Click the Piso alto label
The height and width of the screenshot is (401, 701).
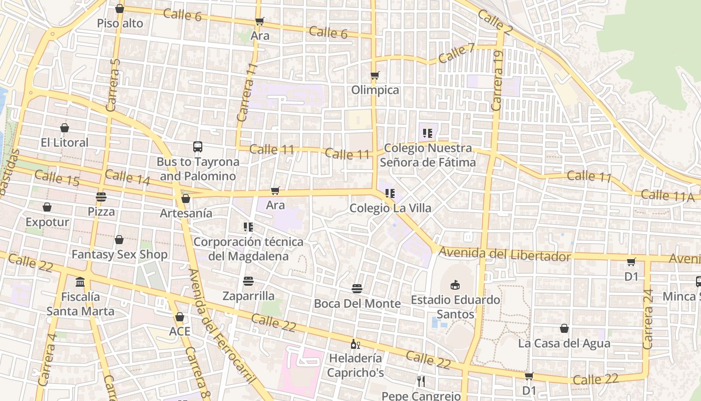point(120,23)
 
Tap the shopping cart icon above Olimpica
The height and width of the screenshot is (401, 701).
point(375,76)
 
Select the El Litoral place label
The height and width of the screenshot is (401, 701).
point(65,142)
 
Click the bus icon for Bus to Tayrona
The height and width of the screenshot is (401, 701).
point(198,147)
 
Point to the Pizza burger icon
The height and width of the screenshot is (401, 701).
point(101,197)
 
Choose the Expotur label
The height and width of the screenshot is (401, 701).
point(48,222)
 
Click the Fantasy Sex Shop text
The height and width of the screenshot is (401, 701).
point(119,255)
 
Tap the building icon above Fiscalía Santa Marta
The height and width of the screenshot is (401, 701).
point(80,282)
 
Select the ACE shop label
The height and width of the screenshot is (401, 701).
point(180,331)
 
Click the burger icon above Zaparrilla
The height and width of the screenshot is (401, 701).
point(248,281)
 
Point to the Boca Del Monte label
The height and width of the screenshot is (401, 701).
point(357,303)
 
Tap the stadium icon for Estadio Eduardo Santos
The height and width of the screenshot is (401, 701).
point(455,285)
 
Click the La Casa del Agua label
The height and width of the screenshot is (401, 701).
point(564,343)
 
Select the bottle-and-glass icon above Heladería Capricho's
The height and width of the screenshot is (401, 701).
point(356,344)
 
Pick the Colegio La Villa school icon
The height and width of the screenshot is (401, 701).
point(390,193)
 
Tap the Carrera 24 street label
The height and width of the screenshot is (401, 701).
point(648,319)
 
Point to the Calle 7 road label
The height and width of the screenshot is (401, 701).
point(456,53)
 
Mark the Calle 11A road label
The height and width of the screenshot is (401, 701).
point(667,195)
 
